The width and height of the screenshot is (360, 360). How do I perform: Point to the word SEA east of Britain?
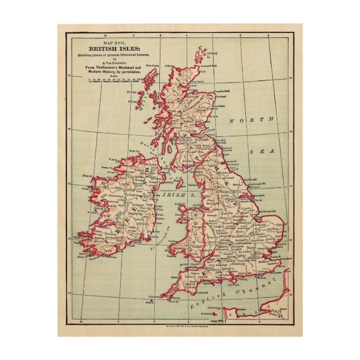259,151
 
